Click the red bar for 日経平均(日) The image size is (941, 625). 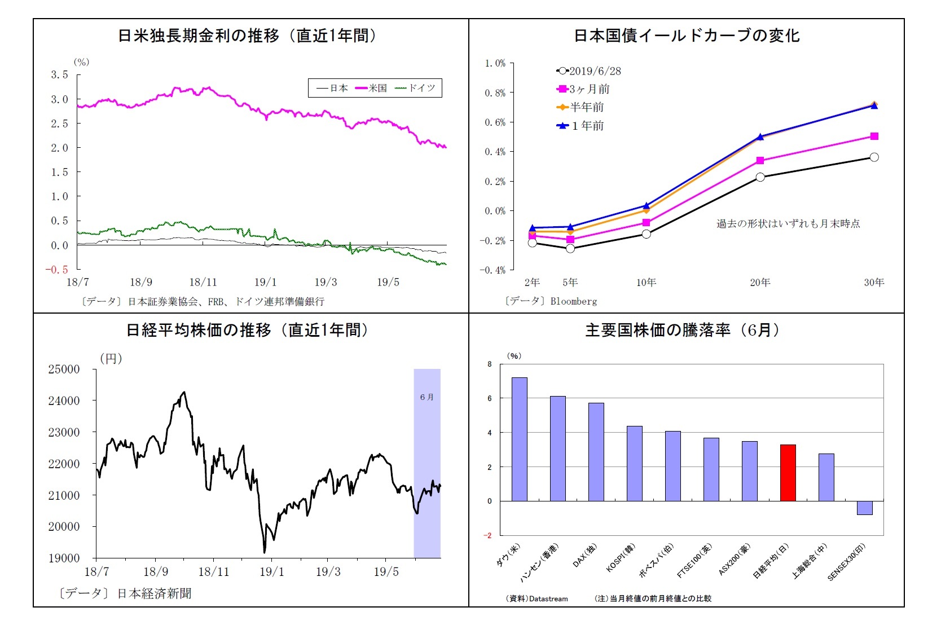[788, 473]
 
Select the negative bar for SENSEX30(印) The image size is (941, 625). [864, 508]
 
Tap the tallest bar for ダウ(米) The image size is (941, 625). [519, 439]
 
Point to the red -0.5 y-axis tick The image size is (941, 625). [56, 270]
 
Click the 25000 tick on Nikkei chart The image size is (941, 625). [64, 369]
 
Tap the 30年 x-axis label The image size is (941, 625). [874, 283]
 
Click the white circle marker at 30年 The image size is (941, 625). [874, 157]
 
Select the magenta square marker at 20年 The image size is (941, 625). [760, 161]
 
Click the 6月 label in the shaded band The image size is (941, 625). [426, 397]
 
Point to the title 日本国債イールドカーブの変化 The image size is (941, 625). [686, 36]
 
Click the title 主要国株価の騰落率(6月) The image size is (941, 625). [683, 330]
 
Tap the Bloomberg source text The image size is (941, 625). [573, 301]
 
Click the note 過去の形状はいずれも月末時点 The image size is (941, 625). [788, 224]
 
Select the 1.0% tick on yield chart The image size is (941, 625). [495, 63]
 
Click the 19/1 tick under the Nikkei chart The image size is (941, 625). [271, 572]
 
